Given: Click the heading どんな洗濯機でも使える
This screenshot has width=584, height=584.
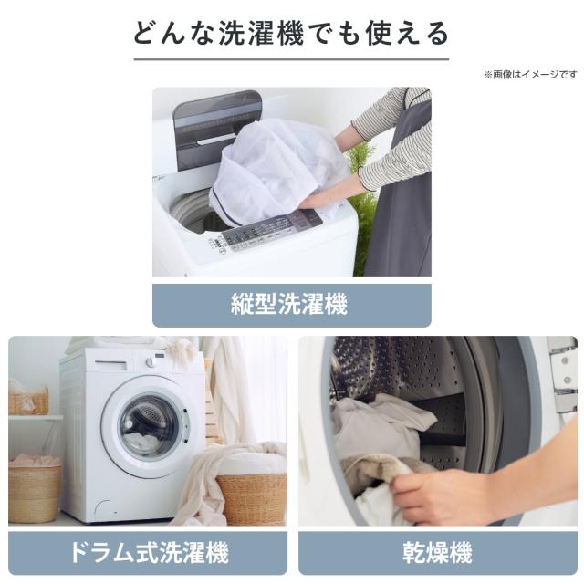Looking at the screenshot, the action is pyautogui.click(x=291, y=34).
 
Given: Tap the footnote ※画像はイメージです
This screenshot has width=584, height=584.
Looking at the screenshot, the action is pyautogui.click(x=530, y=75).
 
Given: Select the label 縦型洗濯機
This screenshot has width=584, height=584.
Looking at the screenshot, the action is pyautogui.click(x=289, y=304).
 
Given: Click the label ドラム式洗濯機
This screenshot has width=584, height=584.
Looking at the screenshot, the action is pyautogui.click(x=149, y=553).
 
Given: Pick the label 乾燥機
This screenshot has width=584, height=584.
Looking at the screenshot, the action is pyautogui.click(x=437, y=553).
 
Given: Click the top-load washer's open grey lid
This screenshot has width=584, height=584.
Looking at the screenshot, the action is pyautogui.click(x=216, y=129).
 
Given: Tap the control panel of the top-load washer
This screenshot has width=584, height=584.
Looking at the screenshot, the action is pyautogui.click(x=266, y=231).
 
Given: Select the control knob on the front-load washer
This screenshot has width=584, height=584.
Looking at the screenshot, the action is pyautogui.click(x=150, y=362).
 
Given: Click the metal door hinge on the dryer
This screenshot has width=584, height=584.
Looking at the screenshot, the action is pyautogui.click(x=564, y=376).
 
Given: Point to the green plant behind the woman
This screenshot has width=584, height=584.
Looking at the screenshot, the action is pyautogui.click(x=363, y=209).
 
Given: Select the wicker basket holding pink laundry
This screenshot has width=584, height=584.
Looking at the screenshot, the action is pyautogui.click(x=35, y=492).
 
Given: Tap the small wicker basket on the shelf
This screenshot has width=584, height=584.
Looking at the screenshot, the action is pyautogui.click(x=28, y=401).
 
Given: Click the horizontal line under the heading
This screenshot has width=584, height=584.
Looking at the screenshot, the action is pyautogui.click(x=291, y=58).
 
